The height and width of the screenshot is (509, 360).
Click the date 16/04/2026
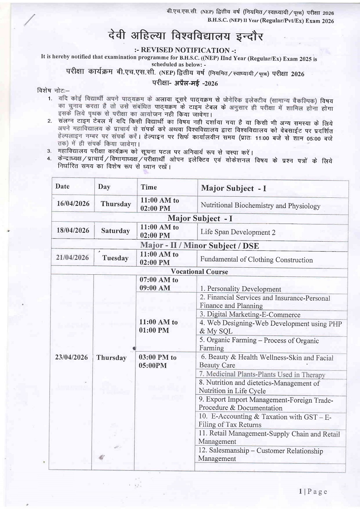(x=73, y=204)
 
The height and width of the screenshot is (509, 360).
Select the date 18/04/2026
(x=73, y=230)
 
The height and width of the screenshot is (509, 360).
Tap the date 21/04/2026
(x=72, y=257)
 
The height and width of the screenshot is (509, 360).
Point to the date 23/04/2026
(x=71, y=357)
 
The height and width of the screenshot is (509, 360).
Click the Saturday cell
(x=115, y=231)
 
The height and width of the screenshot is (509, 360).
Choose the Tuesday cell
(x=115, y=258)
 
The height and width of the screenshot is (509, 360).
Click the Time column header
(x=149, y=187)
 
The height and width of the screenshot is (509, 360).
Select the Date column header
(x=63, y=187)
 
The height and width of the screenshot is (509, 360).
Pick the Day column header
(x=104, y=187)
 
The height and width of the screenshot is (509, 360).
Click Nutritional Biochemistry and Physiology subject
(x=260, y=206)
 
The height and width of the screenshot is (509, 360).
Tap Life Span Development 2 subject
(x=238, y=232)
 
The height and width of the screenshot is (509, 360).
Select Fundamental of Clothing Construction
(x=256, y=260)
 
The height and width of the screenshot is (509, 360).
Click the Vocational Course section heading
(x=199, y=272)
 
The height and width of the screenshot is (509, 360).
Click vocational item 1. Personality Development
(x=240, y=289)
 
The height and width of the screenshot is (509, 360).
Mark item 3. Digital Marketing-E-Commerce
(x=250, y=315)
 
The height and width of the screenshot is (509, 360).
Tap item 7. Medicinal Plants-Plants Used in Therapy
(x=262, y=374)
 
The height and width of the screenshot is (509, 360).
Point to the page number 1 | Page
(x=313, y=491)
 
